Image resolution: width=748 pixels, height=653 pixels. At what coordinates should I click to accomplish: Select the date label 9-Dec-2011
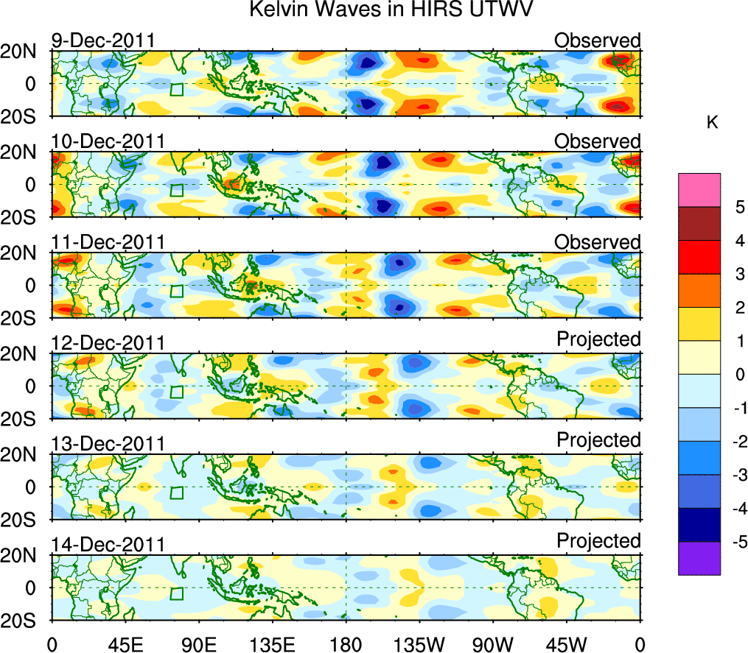(x=103, y=40)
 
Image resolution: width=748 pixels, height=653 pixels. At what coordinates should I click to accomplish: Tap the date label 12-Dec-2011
(x=108, y=343)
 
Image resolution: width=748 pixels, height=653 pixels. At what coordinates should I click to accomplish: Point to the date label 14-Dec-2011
(x=108, y=545)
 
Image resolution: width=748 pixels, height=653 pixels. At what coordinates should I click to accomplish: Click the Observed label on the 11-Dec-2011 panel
(x=597, y=242)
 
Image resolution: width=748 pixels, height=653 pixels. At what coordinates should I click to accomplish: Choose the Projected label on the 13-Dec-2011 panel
(x=598, y=440)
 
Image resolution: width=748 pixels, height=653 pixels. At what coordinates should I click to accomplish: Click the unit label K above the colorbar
(x=712, y=123)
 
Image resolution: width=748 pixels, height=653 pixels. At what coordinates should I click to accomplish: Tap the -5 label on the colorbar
(x=736, y=542)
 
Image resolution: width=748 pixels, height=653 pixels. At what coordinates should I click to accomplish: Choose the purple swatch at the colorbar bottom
(x=699, y=558)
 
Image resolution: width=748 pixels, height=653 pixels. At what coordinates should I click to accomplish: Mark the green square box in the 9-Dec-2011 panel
(x=176, y=89)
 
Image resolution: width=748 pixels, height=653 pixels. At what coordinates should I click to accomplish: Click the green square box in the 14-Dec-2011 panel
(x=176, y=593)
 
